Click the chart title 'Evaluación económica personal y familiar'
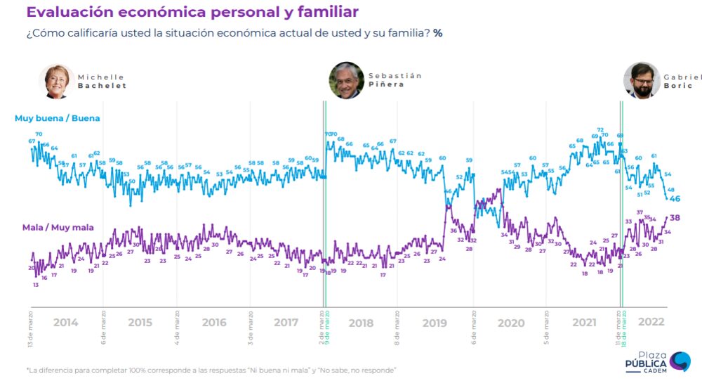pyautogui.click(x=192, y=12)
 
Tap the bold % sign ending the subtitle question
pyautogui.click(x=437, y=33)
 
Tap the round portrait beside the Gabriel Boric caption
pyautogui.click(x=640, y=81)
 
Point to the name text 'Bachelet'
pyautogui.click(x=102, y=86)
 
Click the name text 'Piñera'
pyautogui.click(x=386, y=85)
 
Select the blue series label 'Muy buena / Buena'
pyautogui.click(x=57, y=118)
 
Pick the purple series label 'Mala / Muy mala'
pyautogui.click(x=58, y=227)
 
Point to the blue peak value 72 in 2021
pyautogui.click(x=600, y=130)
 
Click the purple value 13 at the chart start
pyautogui.click(x=35, y=285)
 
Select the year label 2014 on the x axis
pyautogui.click(x=65, y=323)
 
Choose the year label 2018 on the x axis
pyautogui.click(x=361, y=323)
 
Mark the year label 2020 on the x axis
pyautogui.click(x=510, y=323)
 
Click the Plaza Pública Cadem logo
pyautogui.click(x=657, y=361)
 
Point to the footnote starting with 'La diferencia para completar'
pyautogui.click(x=211, y=370)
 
